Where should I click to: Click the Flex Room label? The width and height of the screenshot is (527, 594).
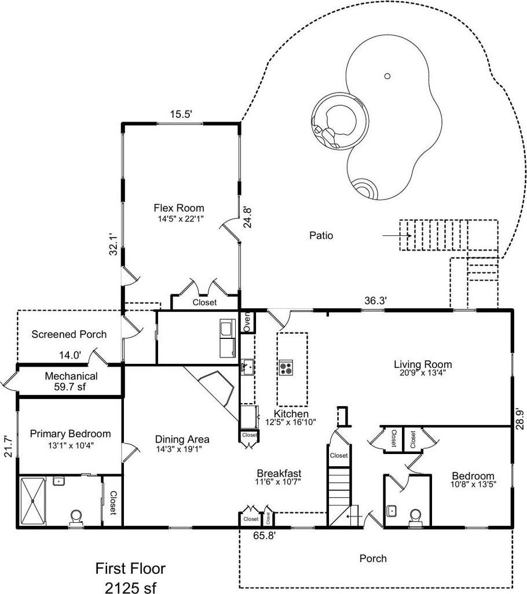point(178,208)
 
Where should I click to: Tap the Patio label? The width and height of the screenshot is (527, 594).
point(321,235)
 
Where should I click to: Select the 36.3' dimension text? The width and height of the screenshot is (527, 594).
point(375,300)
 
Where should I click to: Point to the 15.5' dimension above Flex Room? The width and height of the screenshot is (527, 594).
point(180,115)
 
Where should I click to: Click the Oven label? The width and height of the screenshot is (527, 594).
point(246,321)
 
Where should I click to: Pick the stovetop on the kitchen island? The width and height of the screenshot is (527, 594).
point(286,367)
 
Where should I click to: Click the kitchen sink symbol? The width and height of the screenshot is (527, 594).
point(247,366)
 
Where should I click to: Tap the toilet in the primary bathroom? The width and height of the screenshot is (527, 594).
point(76,516)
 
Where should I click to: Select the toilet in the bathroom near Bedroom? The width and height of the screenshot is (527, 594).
point(415,516)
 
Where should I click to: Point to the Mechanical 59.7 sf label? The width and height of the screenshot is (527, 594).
point(71,381)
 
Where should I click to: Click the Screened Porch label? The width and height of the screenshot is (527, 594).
point(69,334)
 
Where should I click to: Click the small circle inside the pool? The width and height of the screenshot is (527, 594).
point(387,75)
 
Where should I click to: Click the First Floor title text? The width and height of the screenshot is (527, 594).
point(130,568)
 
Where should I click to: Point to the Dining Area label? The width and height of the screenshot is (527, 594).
point(182,439)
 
